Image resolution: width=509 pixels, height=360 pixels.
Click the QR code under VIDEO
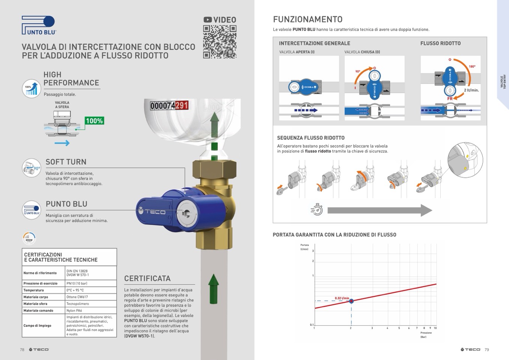pos(220,42)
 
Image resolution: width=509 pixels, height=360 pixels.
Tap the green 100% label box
pos(94,121)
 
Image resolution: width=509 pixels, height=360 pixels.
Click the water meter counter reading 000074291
pos(169,106)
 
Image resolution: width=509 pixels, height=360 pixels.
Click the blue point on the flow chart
pos(351,301)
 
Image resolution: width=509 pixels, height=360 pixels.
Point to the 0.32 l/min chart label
pos(342,298)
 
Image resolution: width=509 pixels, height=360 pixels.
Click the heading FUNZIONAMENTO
pos(308,20)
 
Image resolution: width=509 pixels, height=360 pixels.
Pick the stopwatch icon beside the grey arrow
pos(317,209)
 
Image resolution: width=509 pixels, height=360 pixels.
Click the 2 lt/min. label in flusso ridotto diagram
pos(471,90)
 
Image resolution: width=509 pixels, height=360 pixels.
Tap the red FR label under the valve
pos(450,99)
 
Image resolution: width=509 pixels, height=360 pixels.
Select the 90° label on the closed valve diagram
pos(357,71)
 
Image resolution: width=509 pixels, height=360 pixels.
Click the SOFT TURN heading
pos(66,162)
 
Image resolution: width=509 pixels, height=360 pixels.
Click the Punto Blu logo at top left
pos(39,26)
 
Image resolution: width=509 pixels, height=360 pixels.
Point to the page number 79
pos(487,349)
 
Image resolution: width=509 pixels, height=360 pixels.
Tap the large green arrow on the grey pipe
pos(213,288)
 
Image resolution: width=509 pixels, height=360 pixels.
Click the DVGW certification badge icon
pos(29,238)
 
